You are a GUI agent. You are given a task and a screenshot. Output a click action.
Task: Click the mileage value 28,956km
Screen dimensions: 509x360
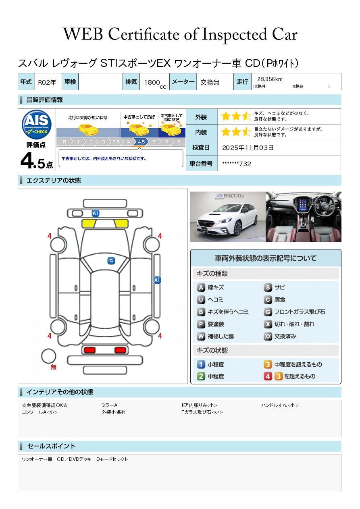coord(267,79)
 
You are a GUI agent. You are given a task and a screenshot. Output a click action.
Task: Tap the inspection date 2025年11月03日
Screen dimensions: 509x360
coord(248,148)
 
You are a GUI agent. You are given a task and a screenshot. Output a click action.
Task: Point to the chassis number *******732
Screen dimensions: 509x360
coord(236,164)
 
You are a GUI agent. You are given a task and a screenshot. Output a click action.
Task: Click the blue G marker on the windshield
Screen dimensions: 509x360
coord(111,261)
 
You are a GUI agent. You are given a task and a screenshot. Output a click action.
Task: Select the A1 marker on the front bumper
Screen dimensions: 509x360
coord(96,213)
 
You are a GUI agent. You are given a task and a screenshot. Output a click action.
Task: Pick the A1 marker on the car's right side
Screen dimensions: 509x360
coord(157,280)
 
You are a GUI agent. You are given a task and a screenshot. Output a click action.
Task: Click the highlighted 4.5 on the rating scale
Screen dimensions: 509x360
coord(141,142)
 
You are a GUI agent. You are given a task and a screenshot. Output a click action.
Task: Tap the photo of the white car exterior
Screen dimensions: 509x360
coord(227,216)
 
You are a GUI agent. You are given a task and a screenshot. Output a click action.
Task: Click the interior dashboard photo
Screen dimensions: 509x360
coord(303,216)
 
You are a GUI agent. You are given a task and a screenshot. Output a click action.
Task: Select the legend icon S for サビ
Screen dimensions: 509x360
coord(268,288)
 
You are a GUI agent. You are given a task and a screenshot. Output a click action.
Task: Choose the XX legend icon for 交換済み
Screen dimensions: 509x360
coord(268,336)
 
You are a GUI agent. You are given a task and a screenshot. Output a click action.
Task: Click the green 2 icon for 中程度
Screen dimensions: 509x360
coord(201,376)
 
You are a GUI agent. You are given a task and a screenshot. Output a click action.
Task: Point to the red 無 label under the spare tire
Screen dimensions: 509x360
coord(54,367)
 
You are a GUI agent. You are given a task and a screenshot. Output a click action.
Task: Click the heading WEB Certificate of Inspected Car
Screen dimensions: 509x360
coord(180,35)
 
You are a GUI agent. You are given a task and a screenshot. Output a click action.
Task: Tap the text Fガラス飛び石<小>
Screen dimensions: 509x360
coord(202,412)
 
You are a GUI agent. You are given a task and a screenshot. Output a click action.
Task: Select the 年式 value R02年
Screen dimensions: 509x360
coord(47,82)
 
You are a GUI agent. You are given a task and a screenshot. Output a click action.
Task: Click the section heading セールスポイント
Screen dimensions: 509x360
coord(51,446)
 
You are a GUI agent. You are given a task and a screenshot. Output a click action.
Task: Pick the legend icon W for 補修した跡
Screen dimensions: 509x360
coord(201,336)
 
